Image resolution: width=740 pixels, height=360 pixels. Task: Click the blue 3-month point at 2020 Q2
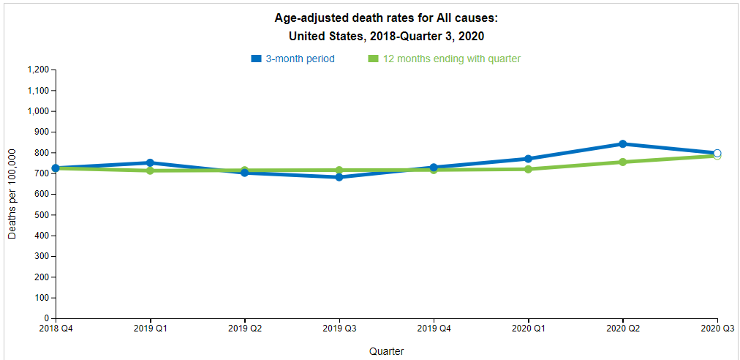click(x=622, y=144)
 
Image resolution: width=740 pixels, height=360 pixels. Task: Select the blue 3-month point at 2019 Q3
click(x=339, y=177)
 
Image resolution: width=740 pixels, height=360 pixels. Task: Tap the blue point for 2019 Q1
click(x=150, y=162)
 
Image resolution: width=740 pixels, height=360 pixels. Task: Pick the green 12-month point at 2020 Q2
click(x=622, y=162)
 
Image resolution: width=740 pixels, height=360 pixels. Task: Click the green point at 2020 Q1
click(x=528, y=169)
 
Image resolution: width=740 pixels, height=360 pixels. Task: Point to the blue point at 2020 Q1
click(x=528, y=159)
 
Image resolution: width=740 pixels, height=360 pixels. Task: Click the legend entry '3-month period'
click(x=300, y=59)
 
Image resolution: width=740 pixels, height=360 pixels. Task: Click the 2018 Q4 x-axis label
click(x=56, y=329)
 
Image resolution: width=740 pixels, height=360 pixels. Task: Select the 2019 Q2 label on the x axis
click(x=245, y=329)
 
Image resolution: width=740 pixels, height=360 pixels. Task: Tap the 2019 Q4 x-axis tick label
click(x=434, y=329)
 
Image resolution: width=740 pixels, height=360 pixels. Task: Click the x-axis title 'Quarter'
click(x=386, y=351)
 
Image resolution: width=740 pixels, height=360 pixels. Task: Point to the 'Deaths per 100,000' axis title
click(x=12, y=193)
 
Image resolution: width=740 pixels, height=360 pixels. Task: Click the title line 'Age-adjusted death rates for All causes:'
click(x=386, y=18)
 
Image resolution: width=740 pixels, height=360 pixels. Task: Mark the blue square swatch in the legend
click(x=256, y=59)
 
